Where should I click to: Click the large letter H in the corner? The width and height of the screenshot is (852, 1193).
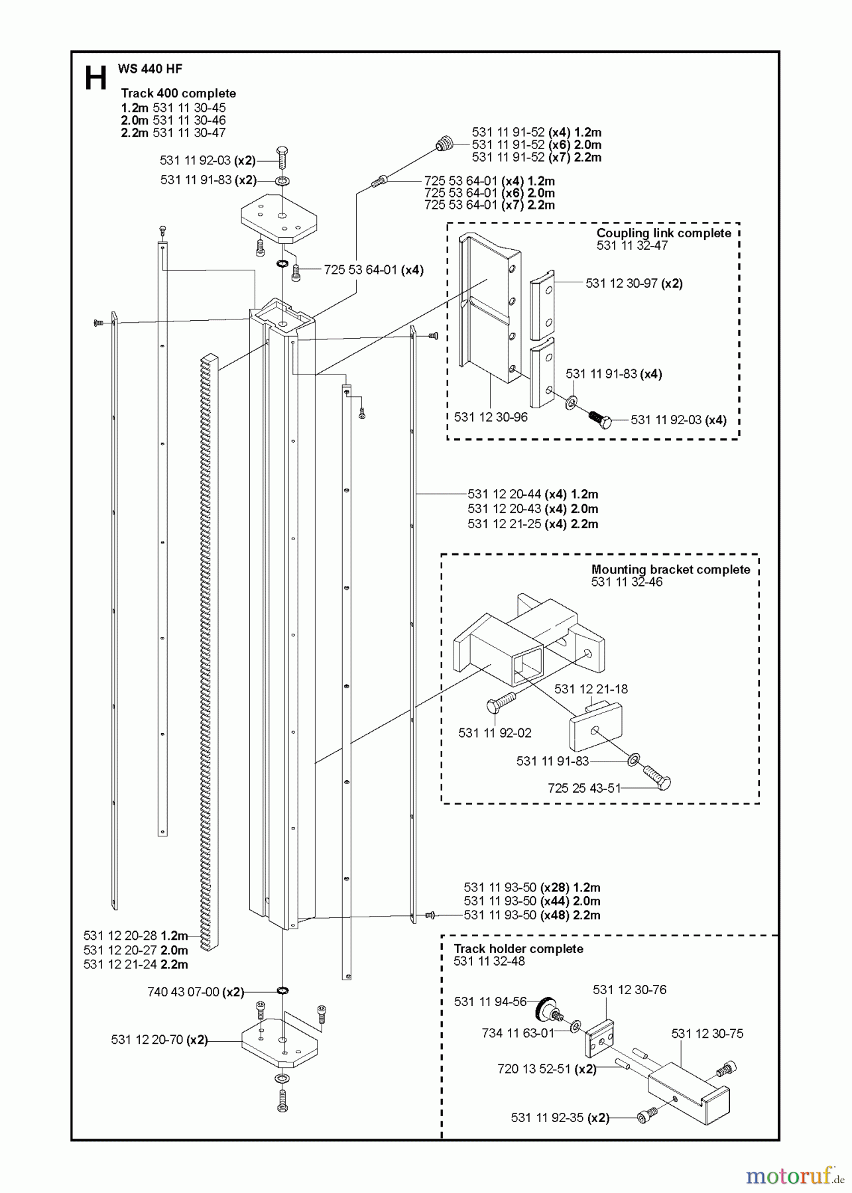(x=95, y=78)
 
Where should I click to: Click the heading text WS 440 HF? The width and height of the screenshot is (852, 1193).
(x=150, y=68)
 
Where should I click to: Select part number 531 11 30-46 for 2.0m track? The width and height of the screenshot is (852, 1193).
(x=189, y=120)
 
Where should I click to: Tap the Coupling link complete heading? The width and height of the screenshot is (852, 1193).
(x=663, y=233)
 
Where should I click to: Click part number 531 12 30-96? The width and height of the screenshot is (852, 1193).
(x=491, y=417)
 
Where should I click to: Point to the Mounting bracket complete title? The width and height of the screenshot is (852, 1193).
(x=670, y=569)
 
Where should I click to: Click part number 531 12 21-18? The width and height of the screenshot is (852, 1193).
(x=591, y=689)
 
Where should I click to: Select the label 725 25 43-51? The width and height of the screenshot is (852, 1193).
(x=584, y=788)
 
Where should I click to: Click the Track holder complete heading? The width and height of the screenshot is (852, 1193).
(x=518, y=948)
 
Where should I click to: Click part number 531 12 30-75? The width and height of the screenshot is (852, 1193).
(x=707, y=1033)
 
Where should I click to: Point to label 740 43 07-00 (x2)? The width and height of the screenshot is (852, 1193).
(x=196, y=992)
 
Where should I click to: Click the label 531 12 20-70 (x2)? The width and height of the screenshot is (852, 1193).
(x=159, y=1040)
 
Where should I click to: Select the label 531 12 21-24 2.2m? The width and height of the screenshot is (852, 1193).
(x=136, y=964)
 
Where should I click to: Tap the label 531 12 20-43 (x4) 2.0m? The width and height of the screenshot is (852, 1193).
(x=532, y=509)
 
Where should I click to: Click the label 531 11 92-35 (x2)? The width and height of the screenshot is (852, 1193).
(x=560, y=1117)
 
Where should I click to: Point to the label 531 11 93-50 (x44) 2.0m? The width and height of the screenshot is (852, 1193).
(x=532, y=901)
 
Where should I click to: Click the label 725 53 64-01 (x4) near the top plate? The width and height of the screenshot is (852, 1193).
(x=373, y=270)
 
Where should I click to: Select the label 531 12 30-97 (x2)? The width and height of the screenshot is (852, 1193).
(x=634, y=283)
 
